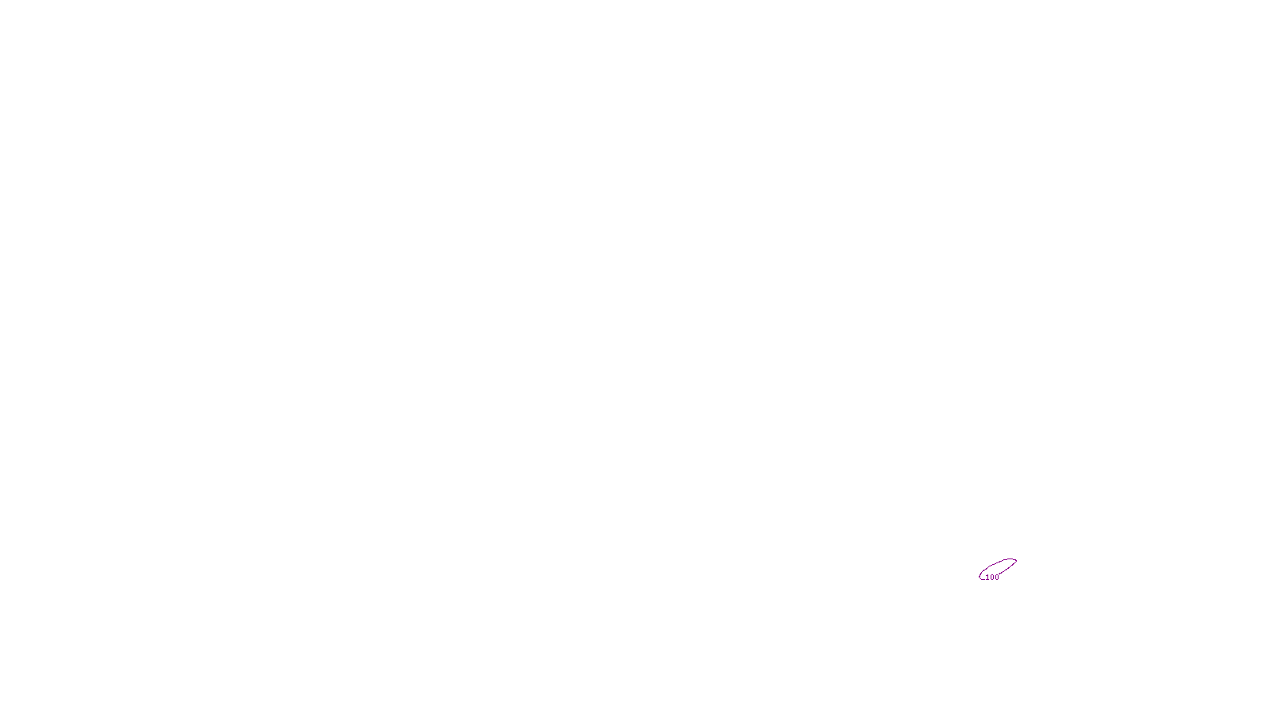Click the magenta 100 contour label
click(x=992, y=578)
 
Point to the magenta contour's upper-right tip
click(x=1016, y=561)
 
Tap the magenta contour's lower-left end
click(x=980, y=577)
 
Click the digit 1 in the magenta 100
click(x=987, y=578)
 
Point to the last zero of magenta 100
click(x=997, y=578)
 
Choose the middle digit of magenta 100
click(x=992, y=578)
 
